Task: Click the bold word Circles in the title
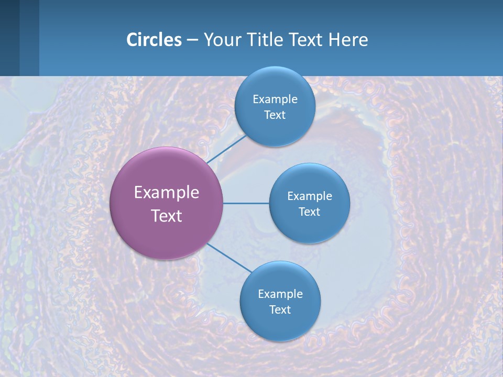(154, 40)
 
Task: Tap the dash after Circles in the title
(192, 40)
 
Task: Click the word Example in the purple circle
(167, 192)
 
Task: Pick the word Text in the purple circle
(167, 215)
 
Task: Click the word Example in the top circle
(275, 99)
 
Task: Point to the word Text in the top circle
(275, 115)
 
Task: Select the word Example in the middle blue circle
(310, 196)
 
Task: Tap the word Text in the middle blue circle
(310, 212)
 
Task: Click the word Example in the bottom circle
(280, 294)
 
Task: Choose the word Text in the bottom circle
(280, 309)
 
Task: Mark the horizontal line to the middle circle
(246, 203)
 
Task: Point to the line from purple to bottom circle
(229, 258)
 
